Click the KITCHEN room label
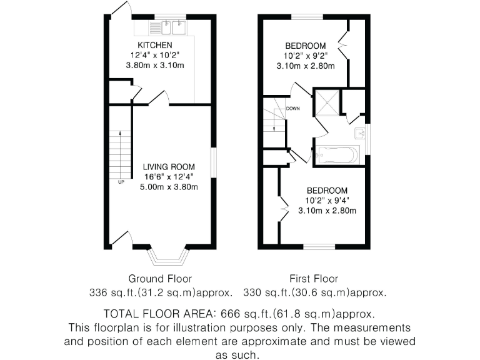[x=155, y=45]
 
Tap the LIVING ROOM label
[x=169, y=167]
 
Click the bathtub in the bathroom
[x=337, y=154]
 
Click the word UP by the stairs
[x=121, y=182]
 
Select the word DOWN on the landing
[x=293, y=109]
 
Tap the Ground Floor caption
[x=160, y=279]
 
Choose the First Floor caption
[x=313, y=279]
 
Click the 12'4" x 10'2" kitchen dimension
[x=155, y=55]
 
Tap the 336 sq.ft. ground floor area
[x=111, y=292]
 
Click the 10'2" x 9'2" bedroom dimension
[x=306, y=56]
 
